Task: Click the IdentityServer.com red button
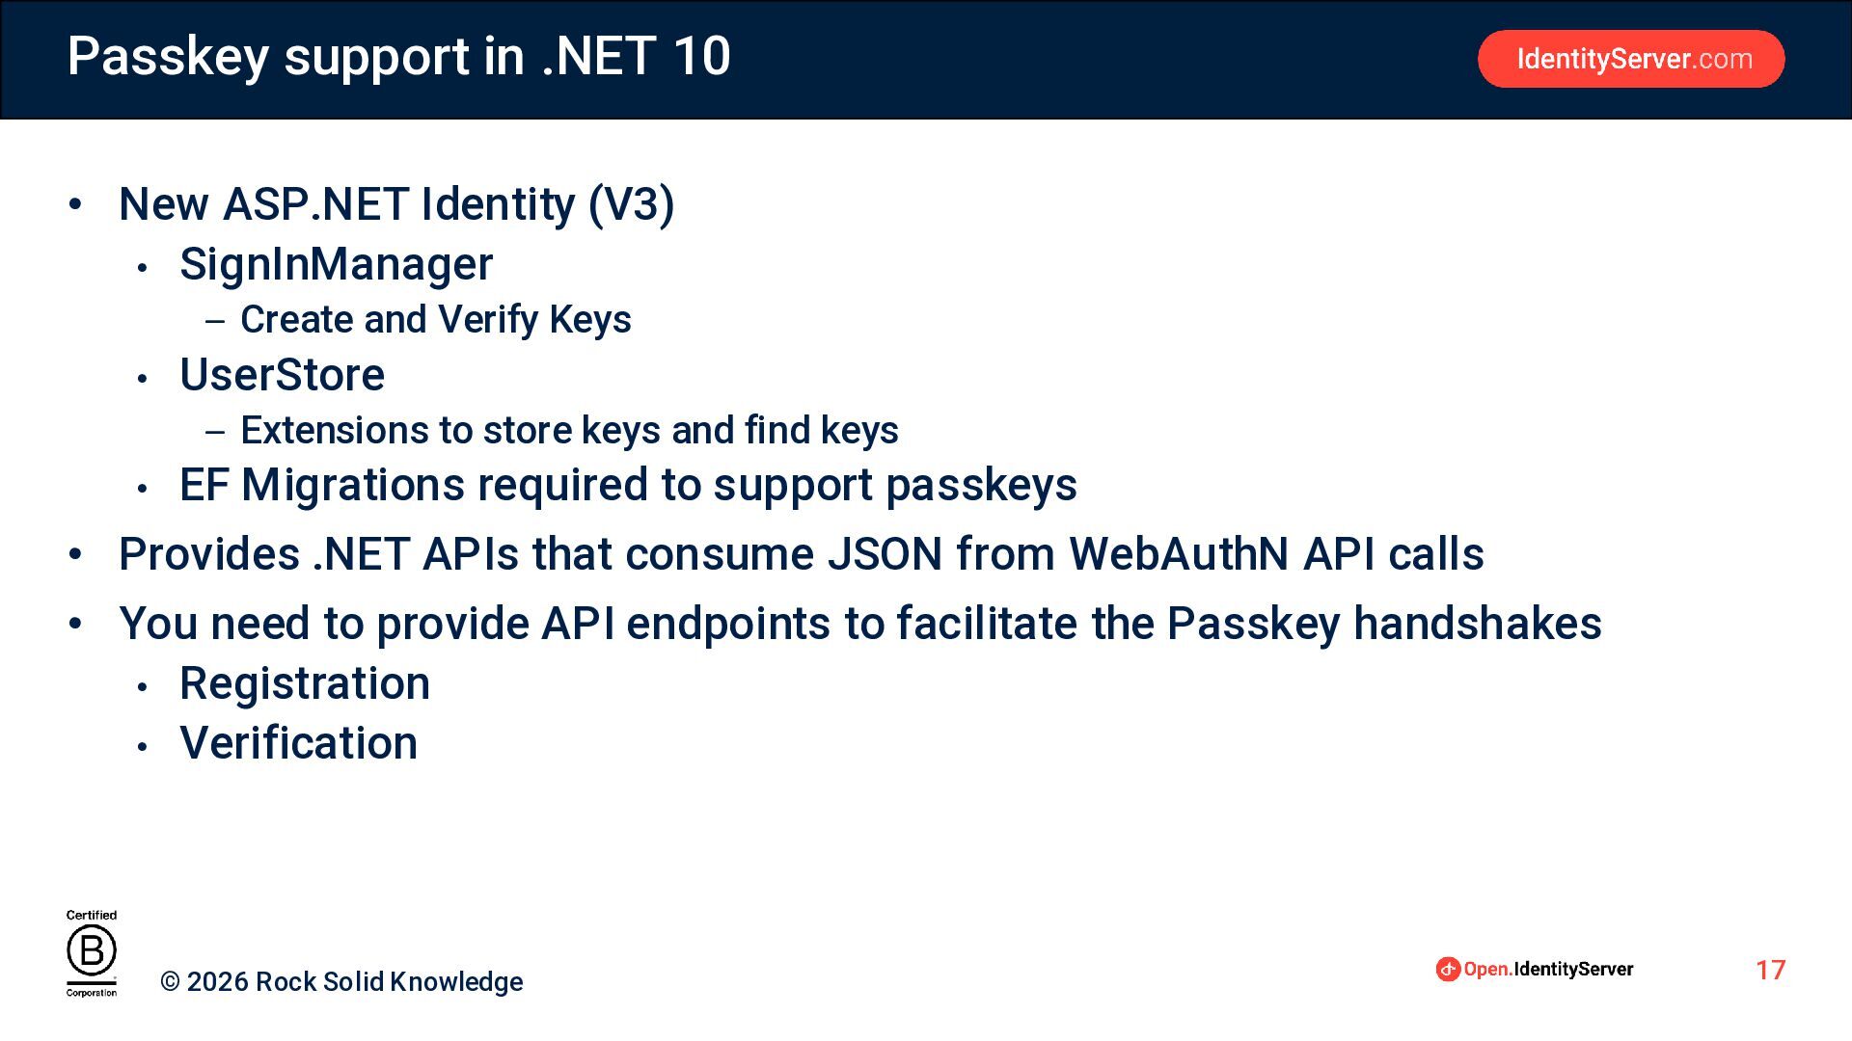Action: click(x=1631, y=59)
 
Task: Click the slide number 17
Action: click(x=1771, y=970)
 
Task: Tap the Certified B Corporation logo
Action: click(x=92, y=953)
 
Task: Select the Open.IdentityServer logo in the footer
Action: click(x=1535, y=969)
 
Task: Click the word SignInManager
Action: click(x=337, y=264)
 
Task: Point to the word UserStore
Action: click(x=282, y=374)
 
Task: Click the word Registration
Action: click(x=305, y=684)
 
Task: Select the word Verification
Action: click(x=299, y=743)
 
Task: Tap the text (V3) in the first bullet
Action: click(x=632, y=204)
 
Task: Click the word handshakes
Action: click(x=1478, y=624)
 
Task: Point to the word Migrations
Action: click(x=353, y=485)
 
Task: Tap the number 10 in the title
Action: click(x=701, y=56)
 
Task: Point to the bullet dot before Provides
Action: click(x=75, y=554)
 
